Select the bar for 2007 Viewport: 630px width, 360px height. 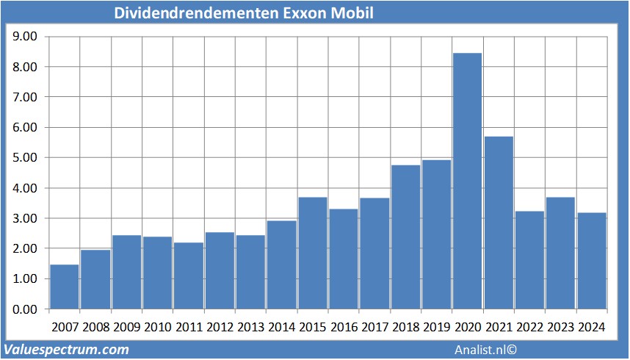coord(64,287)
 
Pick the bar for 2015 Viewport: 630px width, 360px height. coord(312,253)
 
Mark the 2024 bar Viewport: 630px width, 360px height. coord(591,261)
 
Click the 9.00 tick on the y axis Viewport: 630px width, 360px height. coord(25,36)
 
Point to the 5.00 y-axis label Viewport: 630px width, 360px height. coord(25,157)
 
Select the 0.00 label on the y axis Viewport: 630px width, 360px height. coord(25,309)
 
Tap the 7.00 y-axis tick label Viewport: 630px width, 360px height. coord(25,97)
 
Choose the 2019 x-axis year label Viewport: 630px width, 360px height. coord(436,327)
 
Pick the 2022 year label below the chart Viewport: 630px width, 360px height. coord(529,327)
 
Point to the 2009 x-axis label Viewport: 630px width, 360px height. coord(126,327)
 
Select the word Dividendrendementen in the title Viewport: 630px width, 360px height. coord(196,14)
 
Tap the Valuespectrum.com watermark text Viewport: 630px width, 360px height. coord(67,350)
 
